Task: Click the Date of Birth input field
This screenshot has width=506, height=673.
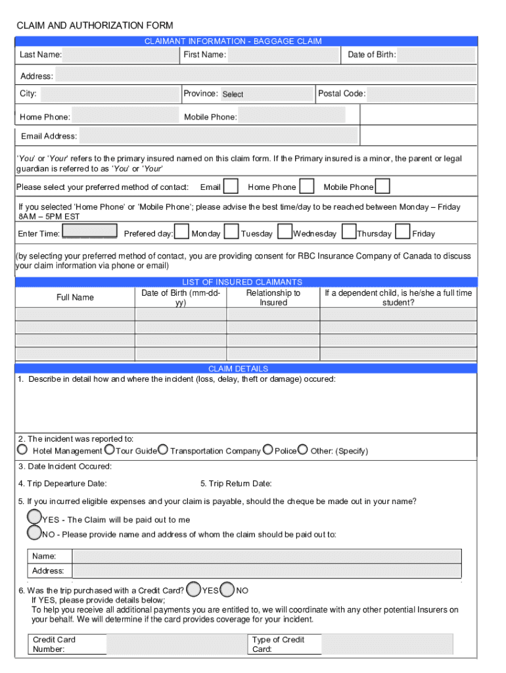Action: (x=436, y=55)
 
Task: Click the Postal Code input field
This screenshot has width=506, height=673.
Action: (x=421, y=93)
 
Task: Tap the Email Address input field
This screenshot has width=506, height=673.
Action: (x=219, y=136)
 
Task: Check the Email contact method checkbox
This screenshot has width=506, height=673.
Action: (x=231, y=187)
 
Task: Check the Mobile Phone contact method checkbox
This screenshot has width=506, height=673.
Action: (x=382, y=187)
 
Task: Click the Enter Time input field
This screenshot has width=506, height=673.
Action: (x=89, y=233)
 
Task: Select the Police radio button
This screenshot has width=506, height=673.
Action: (x=268, y=450)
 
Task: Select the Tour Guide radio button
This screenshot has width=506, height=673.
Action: (x=110, y=450)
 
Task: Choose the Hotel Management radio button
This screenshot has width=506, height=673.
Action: (x=22, y=450)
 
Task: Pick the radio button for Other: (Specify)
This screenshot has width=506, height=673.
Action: (x=302, y=450)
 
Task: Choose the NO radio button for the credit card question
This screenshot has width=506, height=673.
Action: (x=227, y=589)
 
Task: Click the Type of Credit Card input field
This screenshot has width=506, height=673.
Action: (x=387, y=644)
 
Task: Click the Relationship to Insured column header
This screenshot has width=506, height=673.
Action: (x=273, y=298)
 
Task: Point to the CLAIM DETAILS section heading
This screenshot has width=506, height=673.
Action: (x=238, y=369)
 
